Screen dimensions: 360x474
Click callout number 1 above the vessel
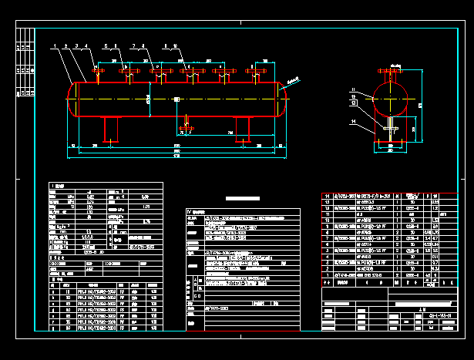click(56, 47)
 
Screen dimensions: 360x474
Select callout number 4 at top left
click(86, 47)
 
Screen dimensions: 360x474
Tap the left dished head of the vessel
click(72, 99)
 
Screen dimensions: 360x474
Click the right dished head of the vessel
click(284, 99)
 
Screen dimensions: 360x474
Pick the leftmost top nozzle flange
click(98, 72)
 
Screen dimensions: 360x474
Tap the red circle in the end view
click(391, 99)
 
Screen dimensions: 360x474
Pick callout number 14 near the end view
click(354, 122)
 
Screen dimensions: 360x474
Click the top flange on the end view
click(391, 72)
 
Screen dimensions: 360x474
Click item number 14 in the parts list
click(327, 197)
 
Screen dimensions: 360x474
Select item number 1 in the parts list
click(327, 274)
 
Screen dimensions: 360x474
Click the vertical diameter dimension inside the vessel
click(148, 99)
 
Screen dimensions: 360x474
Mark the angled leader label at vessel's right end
click(292, 80)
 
